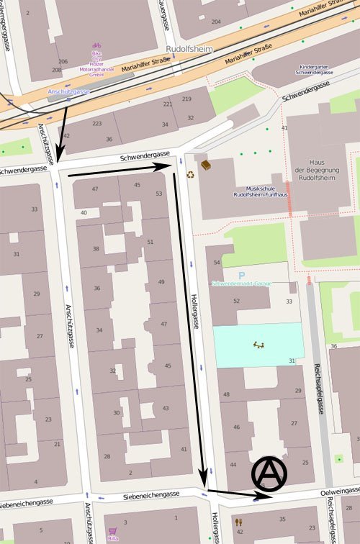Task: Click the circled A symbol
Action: (x=269, y=473)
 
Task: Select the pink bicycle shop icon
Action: (x=96, y=46)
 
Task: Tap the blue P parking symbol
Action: (x=242, y=275)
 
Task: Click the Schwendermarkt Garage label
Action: (x=241, y=284)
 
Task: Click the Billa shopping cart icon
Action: (x=112, y=532)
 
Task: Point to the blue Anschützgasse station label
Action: (x=68, y=92)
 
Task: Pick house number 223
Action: (x=96, y=123)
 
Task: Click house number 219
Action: (x=186, y=99)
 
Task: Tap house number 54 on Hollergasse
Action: (x=217, y=263)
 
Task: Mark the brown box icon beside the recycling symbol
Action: (x=206, y=165)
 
